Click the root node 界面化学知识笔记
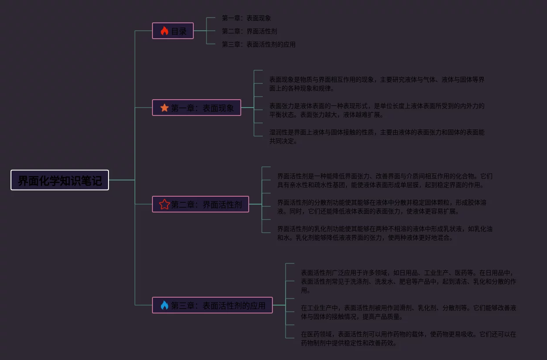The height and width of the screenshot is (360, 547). click(x=60, y=180)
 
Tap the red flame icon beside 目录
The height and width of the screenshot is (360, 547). click(x=164, y=31)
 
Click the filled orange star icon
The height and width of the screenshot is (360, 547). click(x=164, y=108)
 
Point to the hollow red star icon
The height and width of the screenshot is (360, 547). click(x=164, y=204)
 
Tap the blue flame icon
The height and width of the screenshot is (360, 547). click(x=164, y=305)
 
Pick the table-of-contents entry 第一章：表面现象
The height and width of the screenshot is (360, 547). click(x=246, y=18)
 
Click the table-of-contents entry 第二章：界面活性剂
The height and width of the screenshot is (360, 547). click(x=249, y=31)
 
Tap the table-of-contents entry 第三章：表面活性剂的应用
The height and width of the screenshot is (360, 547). click(x=258, y=44)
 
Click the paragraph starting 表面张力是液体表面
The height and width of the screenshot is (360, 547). click(x=377, y=110)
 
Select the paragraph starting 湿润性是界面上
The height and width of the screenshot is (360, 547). click(x=377, y=137)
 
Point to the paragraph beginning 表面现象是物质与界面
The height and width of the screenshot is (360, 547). click(x=377, y=84)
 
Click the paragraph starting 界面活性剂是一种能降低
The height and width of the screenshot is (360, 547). click(x=384, y=180)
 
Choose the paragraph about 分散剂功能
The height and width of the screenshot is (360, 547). click(x=381, y=207)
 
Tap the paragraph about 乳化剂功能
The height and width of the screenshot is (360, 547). click(x=384, y=233)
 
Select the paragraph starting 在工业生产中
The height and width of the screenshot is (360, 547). click(x=408, y=312)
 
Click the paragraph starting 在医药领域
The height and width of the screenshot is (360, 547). click(x=408, y=338)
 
